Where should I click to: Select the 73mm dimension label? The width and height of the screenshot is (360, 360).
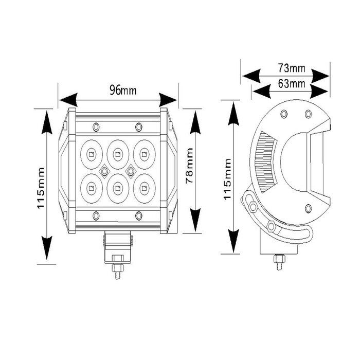(x=291, y=68)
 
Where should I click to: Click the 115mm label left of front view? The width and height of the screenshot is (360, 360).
(x=42, y=187)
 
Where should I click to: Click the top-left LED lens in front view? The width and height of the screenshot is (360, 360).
(x=91, y=152)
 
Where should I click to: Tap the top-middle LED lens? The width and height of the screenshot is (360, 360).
(x=118, y=152)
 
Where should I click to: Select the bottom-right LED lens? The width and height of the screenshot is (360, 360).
(x=145, y=187)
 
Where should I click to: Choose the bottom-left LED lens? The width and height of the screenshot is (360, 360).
(x=91, y=187)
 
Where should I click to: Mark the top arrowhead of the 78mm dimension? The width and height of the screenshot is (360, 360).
(x=195, y=120)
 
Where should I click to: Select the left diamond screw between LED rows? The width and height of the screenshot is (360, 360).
(x=104, y=170)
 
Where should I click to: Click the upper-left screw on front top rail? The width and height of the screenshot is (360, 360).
(x=96, y=127)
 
